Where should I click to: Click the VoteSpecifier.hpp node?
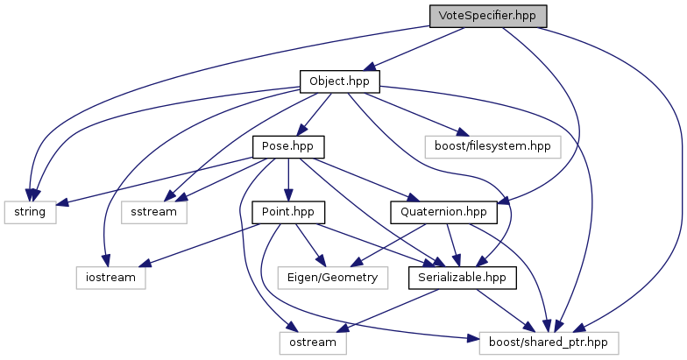click(x=488, y=16)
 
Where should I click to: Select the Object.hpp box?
click(x=339, y=81)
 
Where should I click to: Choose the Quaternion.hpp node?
click(x=444, y=212)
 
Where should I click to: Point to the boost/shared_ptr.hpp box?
click(x=549, y=342)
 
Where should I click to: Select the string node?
click(x=30, y=212)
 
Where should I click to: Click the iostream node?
click(x=110, y=278)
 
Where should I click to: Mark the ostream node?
click(x=313, y=342)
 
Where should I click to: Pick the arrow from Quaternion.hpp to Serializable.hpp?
click(x=452, y=245)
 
